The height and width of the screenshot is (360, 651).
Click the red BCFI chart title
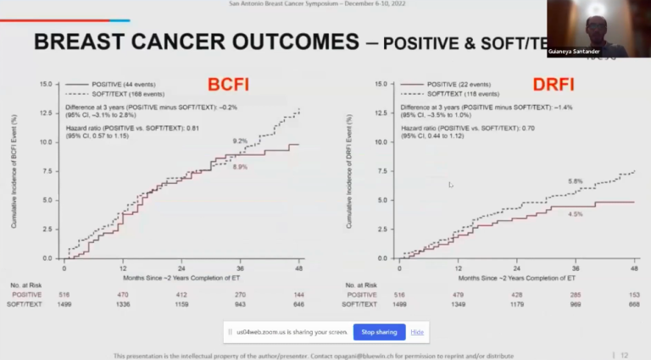(227, 86)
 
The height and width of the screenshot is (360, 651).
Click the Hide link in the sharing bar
(417, 331)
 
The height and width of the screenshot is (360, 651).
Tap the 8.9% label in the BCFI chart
(239, 168)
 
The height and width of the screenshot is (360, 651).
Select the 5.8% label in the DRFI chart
(576, 181)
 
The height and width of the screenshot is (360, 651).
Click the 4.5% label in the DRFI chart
(576, 214)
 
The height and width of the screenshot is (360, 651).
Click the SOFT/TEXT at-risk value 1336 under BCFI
(123, 302)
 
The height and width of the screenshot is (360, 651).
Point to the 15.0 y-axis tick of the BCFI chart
(47, 85)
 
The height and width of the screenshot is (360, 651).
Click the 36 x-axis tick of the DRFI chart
(576, 267)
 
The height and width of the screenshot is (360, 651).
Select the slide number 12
(625, 355)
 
